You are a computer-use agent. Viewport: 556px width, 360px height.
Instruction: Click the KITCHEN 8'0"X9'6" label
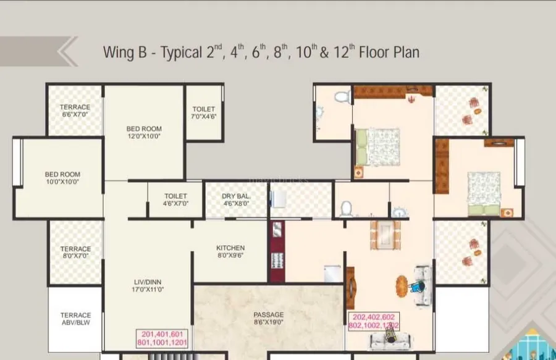tap(230, 251)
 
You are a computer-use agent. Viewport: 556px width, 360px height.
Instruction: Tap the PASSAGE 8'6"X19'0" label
tap(269, 318)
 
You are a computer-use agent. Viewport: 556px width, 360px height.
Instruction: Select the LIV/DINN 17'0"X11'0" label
tap(148, 285)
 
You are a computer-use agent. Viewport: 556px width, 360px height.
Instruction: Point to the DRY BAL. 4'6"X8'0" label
tap(236, 199)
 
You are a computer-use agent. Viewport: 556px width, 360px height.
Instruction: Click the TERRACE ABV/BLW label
tap(75, 319)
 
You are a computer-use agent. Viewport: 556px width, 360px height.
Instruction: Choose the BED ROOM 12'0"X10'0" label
tap(144, 132)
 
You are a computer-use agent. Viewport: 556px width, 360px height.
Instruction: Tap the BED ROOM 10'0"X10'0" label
tap(62, 178)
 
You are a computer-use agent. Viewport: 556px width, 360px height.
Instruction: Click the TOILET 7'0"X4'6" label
tap(203, 112)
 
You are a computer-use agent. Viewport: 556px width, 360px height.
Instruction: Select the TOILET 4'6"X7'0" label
tap(175, 199)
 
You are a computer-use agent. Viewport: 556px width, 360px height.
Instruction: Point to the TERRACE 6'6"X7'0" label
tap(75, 111)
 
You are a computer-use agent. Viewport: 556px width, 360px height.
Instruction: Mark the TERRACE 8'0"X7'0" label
tap(75, 253)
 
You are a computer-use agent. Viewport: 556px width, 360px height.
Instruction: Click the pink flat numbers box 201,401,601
tap(162, 338)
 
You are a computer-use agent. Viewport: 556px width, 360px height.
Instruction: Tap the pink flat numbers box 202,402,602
tap(374, 321)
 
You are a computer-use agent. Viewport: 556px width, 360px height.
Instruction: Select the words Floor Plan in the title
tap(389, 52)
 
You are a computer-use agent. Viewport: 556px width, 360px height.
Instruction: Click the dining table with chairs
tap(385, 235)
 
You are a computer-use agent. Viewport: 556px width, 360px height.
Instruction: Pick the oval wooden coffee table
tap(402, 287)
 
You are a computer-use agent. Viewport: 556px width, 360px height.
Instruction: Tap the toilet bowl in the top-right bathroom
tap(342, 96)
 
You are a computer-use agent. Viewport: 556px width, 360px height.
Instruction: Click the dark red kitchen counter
tap(277, 251)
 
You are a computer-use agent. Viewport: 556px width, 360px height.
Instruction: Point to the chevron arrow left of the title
tap(67, 51)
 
